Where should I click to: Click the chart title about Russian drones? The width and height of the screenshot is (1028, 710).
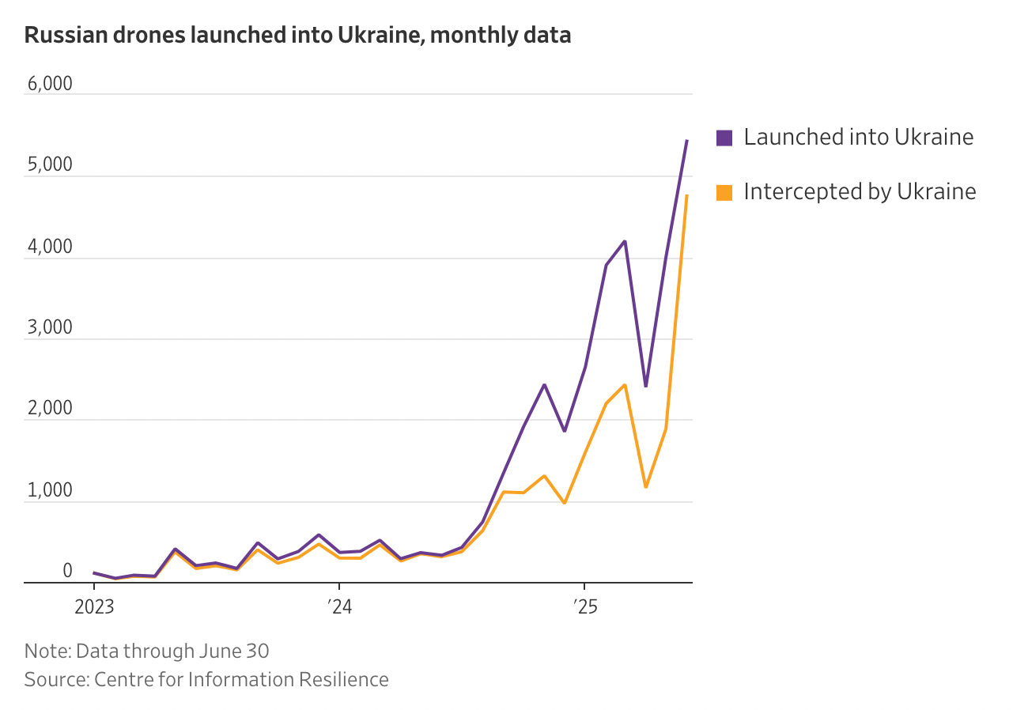297,35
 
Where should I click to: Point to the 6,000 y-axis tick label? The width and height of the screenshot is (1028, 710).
49,83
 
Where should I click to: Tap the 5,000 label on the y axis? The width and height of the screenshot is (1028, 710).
49,164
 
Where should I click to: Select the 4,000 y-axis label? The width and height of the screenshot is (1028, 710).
49,247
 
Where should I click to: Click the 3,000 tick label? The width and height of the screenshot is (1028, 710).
49,327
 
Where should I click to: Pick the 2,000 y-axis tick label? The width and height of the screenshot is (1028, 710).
49,409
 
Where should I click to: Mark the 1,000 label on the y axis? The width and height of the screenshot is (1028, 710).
49,490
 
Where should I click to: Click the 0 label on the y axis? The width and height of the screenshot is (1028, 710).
67,571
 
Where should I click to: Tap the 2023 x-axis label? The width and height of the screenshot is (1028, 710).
94,607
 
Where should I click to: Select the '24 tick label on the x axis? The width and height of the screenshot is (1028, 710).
339,607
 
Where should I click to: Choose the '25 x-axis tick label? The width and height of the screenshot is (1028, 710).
584,607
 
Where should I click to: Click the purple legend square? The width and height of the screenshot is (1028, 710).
724,138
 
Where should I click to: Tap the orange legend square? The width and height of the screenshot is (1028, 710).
724,192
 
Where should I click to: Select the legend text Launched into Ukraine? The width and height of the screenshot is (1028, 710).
859,137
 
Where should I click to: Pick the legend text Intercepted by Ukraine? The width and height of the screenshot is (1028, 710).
860,191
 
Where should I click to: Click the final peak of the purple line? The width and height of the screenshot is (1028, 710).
686,141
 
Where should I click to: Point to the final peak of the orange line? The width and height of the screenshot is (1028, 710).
686,195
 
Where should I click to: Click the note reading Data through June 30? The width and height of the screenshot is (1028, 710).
147,651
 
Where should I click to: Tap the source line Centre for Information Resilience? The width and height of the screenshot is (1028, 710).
206,680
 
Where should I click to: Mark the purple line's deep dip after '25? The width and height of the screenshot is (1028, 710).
646,387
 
